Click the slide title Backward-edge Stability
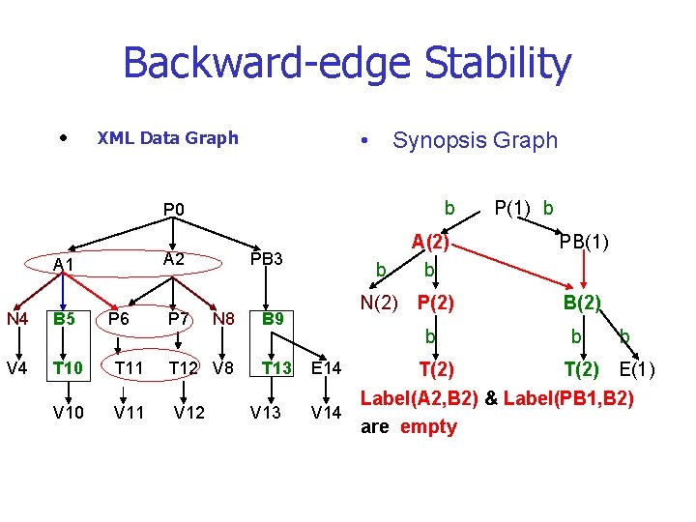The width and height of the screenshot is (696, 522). click(x=347, y=64)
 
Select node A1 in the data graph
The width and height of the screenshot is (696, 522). click(x=64, y=264)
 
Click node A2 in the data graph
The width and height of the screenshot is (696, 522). click(x=174, y=258)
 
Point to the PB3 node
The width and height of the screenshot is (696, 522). click(x=266, y=258)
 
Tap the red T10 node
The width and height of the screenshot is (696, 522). click(x=67, y=367)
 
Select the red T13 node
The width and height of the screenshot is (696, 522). click(x=277, y=367)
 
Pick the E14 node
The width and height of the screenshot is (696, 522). click(x=327, y=367)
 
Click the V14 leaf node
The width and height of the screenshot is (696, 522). click(x=326, y=414)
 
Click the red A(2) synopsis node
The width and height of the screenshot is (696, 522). click(x=430, y=241)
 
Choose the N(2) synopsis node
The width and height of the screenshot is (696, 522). click(x=379, y=303)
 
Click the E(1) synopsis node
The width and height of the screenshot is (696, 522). click(x=637, y=370)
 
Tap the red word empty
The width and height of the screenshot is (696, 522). click(x=427, y=426)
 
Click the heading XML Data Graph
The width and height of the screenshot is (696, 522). click(x=167, y=137)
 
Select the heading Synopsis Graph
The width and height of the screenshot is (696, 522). click(x=475, y=140)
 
